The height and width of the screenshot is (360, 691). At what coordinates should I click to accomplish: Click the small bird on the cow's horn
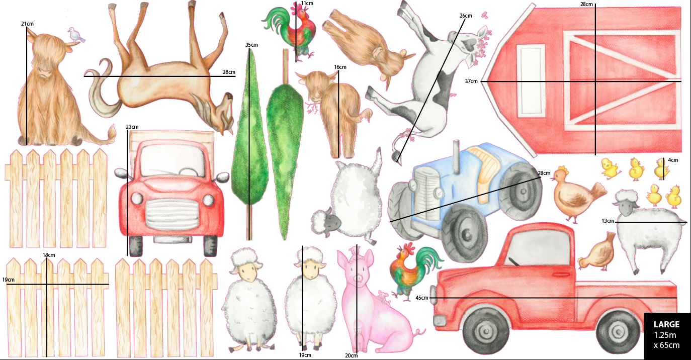[76, 35]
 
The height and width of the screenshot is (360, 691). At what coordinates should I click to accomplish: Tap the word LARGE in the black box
[666, 325]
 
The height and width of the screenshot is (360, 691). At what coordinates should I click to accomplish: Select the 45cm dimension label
[422, 298]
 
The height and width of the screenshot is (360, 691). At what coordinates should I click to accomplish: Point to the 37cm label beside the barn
[471, 81]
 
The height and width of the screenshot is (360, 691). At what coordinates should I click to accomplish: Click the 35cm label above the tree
[251, 45]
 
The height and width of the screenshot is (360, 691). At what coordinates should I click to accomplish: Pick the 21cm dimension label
[27, 24]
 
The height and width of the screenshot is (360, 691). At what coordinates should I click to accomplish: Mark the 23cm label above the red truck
[132, 127]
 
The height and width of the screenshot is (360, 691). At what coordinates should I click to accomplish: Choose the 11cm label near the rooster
[307, 4]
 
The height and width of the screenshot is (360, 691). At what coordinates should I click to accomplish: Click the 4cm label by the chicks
[673, 160]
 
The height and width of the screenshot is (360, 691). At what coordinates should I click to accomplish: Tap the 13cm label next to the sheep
[608, 221]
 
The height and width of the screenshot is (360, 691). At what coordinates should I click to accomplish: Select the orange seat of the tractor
[484, 176]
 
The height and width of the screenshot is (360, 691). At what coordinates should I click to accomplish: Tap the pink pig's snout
[359, 278]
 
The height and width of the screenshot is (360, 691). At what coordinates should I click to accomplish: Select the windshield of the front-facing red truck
[171, 161]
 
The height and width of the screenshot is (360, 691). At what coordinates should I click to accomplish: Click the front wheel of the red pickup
[484, 330]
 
